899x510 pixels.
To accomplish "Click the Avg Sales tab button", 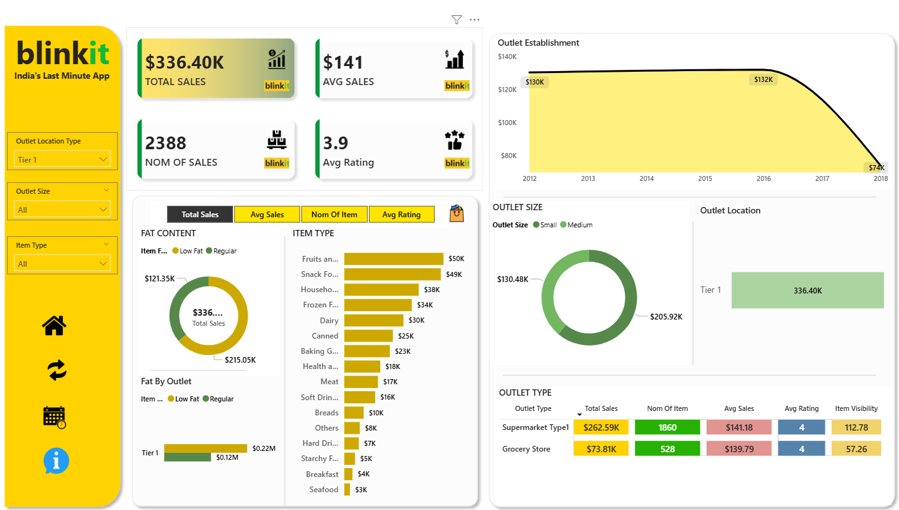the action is click(x=267, y=215).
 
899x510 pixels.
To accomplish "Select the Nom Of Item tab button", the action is click(x=335, y=215).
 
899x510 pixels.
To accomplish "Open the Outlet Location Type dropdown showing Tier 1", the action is click(x=62, y=159).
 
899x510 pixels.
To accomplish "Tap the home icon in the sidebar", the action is click(x=54, y=325).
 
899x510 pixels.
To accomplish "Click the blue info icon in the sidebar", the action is click(x=56, y=460).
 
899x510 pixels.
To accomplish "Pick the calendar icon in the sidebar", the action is click(x=54, y=417).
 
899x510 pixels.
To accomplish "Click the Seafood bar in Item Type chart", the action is click(x=347, y=490).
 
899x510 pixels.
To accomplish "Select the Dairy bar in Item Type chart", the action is click(x=374, y=321).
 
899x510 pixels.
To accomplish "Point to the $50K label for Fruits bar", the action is click(x=456, y=258).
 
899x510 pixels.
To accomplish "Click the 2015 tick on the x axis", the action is click(x=705, y=178).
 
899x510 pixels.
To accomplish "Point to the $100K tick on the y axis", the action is click(x=507, y=123).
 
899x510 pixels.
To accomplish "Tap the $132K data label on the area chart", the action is click(x=763, y=79).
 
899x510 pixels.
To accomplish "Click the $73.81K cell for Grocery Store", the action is click(x=601, y=448).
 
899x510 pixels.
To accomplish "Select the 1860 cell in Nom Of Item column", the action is click(x=667, y=427).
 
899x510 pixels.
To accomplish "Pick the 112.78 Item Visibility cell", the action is click(x=856, y=427).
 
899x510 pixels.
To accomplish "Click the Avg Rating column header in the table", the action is click(x=801, y=408).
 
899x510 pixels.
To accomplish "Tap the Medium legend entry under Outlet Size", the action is click(x=576, y=225).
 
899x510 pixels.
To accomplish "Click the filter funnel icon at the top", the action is click(x=456, y=20).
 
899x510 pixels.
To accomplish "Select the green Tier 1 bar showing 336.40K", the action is click(x=808, y=290).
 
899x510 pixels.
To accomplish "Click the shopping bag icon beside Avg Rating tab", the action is click(x=456, y=213).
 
